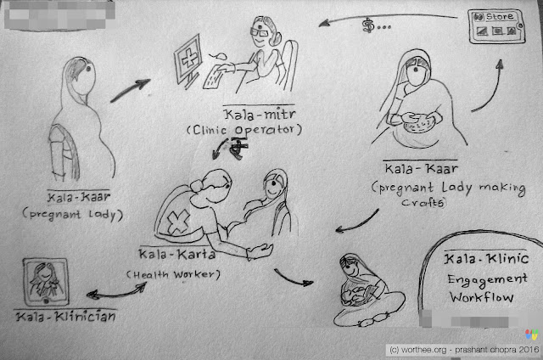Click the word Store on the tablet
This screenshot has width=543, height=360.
[500, 16]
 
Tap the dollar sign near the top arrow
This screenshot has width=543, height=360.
[367, 26]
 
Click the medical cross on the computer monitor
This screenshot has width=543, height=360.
[189, 59]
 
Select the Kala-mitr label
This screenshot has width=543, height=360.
[260, 115]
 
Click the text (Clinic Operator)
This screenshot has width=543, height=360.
[244, 130]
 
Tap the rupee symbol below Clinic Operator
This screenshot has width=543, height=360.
[239, 148]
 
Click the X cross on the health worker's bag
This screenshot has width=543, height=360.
[178, 222]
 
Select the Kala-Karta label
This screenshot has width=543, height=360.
[177, 255]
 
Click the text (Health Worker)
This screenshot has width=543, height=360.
[173, 275]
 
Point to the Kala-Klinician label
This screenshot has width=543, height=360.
[66, 317]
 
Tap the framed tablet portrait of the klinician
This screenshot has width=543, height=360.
[46, 282]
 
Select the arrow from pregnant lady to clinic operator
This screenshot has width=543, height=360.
[130, 90]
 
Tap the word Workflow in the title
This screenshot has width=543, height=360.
[481, 297]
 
